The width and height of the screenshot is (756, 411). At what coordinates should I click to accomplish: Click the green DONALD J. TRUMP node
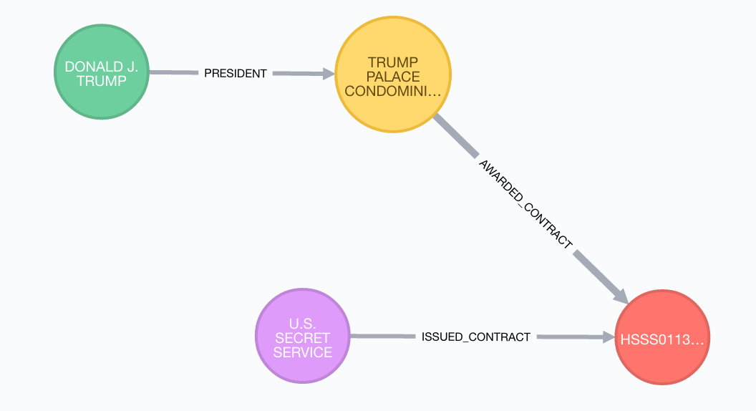[x=101, y=73]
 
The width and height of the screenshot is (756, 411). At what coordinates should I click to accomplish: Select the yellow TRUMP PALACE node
[x=393, y=76]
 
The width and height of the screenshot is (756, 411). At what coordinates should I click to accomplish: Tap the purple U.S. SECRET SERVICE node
[x=302, y=336]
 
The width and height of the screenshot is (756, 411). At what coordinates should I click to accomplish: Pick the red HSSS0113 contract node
[x=661, y=337]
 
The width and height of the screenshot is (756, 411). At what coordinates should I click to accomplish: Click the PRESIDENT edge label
[x=235, y=73]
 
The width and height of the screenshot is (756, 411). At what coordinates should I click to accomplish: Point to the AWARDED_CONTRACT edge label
[x=525, y=204]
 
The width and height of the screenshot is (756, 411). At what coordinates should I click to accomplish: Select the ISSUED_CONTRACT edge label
[x=476, y=337]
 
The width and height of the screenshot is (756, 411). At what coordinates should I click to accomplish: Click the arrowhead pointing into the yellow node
[x=328, y=74]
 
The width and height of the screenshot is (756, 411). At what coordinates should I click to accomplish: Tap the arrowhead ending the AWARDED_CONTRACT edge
[x=620, y=295]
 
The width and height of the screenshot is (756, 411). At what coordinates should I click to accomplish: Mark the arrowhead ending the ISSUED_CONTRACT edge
[x=609, y=337]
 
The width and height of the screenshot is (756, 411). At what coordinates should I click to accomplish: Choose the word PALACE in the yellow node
[x=393, y=77]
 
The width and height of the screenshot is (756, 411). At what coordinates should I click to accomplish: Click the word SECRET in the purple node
[x=302, y=337]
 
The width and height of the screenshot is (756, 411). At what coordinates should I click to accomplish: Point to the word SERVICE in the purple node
[x=302, y=352]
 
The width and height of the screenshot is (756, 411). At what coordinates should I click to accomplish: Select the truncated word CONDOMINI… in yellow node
[x=393, y=91]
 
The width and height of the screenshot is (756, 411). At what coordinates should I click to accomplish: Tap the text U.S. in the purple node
[x=302, y=323]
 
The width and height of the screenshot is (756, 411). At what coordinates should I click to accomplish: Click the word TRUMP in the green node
[x=101, y=81]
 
